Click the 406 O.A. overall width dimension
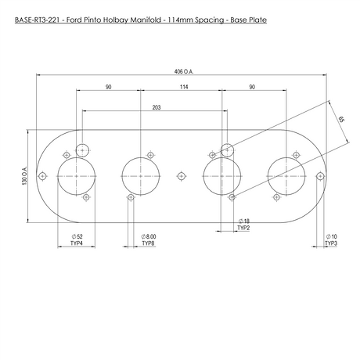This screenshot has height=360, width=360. point(184,71)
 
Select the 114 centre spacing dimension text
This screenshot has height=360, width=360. point(184,87)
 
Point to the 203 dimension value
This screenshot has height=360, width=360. point(157,107)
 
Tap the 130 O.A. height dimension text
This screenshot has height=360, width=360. point(25,176)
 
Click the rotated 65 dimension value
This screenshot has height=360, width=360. point(341,119)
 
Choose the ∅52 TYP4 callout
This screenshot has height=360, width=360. point(77,240)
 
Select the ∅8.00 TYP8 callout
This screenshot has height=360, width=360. point(149,240)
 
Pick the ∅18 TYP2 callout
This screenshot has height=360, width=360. point(243,225)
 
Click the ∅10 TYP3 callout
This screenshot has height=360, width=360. point(331,240)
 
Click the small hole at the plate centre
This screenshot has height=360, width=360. point(181,176)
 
